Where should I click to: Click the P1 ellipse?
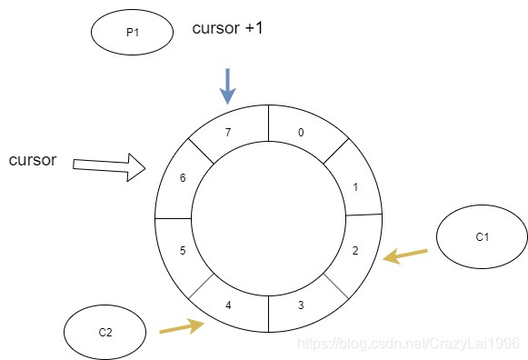(132, 33)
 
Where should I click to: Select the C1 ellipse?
(482, 238)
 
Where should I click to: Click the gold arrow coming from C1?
(404, 255)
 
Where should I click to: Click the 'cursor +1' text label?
(227, 29)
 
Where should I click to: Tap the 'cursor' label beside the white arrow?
(33, 161)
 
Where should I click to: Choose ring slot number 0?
(302, 132)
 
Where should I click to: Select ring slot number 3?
(301, 305)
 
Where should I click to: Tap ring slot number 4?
(228, 305)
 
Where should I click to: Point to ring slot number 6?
(183, 178)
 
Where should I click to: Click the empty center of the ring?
(269, 218)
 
